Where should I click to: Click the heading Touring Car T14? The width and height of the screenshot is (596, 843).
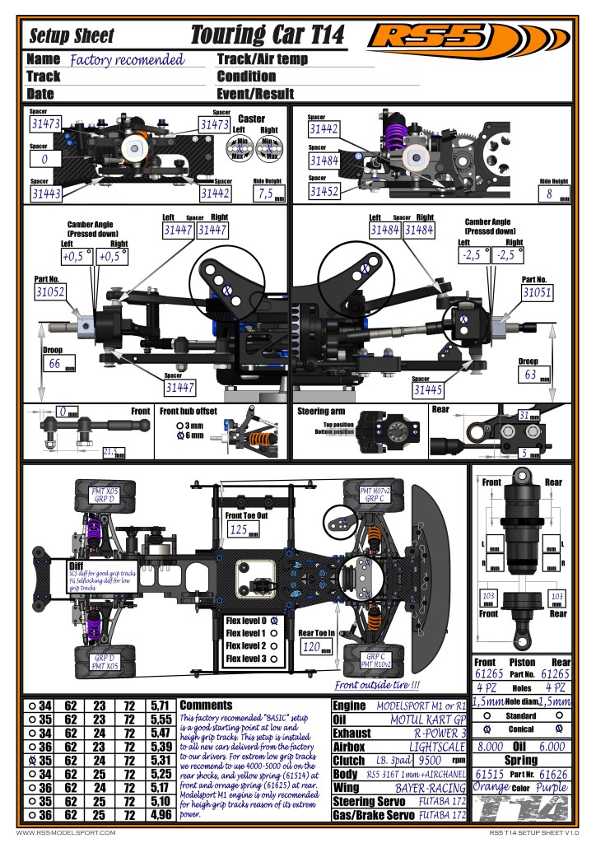268,35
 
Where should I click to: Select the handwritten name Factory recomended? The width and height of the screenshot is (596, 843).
127,60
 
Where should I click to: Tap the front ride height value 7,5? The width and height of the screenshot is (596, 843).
266,194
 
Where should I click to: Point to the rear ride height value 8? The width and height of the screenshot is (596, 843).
549,194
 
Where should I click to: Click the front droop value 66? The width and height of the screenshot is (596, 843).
56,363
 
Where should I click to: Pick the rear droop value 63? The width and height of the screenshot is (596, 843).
530,375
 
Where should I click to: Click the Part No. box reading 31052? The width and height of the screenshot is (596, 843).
50,291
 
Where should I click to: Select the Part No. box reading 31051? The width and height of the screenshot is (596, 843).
536,292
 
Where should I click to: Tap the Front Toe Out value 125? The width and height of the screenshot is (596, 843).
240,529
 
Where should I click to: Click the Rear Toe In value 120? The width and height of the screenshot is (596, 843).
311,648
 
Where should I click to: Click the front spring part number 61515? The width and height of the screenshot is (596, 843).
491,775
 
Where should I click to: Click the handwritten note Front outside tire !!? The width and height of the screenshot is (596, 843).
377,684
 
